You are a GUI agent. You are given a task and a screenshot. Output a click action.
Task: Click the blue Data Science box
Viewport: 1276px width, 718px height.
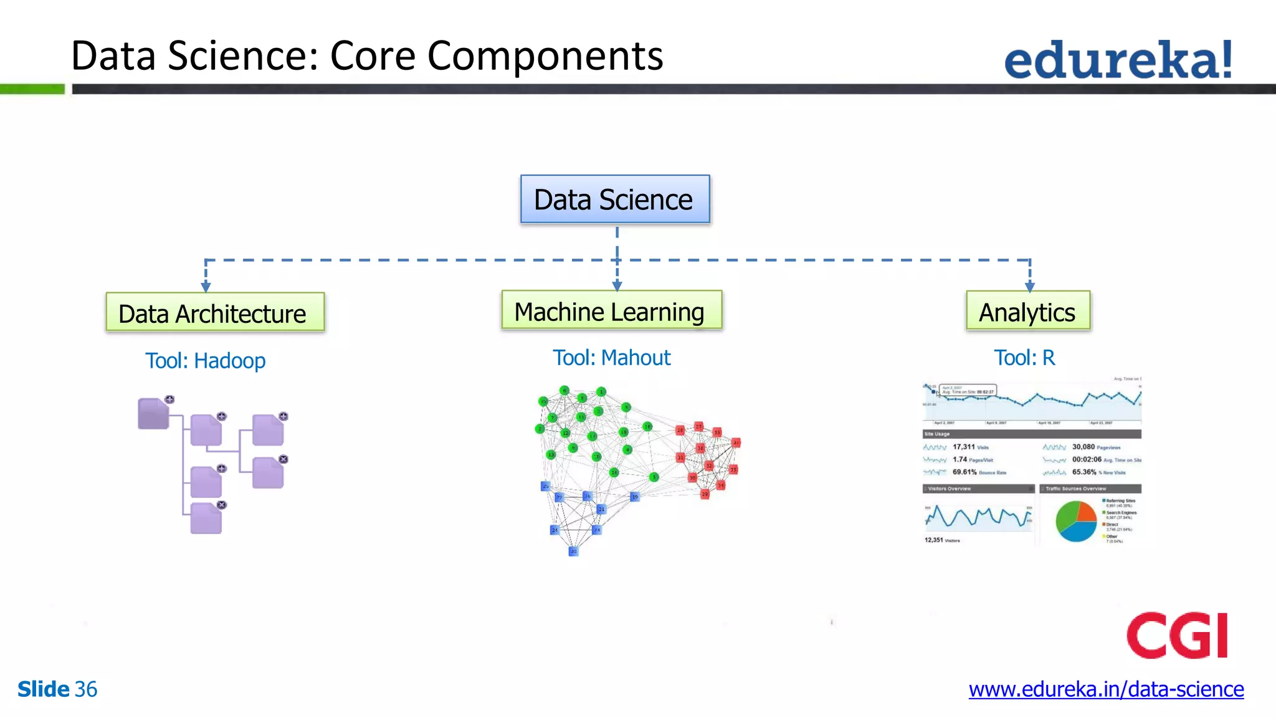click(x=615, y=199)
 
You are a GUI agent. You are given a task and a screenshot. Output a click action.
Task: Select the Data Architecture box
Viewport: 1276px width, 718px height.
click(x=215, y=313)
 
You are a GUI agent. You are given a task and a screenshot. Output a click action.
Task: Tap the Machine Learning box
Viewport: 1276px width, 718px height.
click(x=611, y=310)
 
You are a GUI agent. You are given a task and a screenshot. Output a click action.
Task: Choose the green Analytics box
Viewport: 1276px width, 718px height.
click(x=1028, y=311)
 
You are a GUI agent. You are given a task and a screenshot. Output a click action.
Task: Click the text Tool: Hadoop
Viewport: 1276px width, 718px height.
click(x=205, y=361)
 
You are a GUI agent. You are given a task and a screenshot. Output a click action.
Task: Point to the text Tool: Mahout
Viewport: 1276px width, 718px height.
click(x=611, y=358)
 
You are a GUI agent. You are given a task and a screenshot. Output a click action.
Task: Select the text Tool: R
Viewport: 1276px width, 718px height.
click(x=1024, y=358)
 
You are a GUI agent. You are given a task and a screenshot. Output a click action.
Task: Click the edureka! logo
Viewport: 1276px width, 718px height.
click(x=1118, y=60)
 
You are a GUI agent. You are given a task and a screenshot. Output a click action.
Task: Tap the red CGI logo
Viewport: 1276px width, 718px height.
click(x=1177, y=636)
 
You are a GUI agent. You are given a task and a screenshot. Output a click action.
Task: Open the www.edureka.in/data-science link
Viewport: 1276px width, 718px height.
click(x=1106, y=689)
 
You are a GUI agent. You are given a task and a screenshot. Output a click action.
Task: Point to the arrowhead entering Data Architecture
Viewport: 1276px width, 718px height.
click(x=206, y=287)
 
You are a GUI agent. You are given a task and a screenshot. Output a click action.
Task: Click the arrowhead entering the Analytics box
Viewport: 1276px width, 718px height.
click(x=1030, y=287)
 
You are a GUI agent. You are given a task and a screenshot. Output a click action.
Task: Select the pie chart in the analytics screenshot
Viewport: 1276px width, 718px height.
click(x=1076, y=520)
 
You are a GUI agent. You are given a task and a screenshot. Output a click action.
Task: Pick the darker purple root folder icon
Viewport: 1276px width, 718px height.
click(x=153, y=414)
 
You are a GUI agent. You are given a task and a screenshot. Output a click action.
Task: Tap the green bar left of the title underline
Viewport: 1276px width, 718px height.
click(x=32, y=89)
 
